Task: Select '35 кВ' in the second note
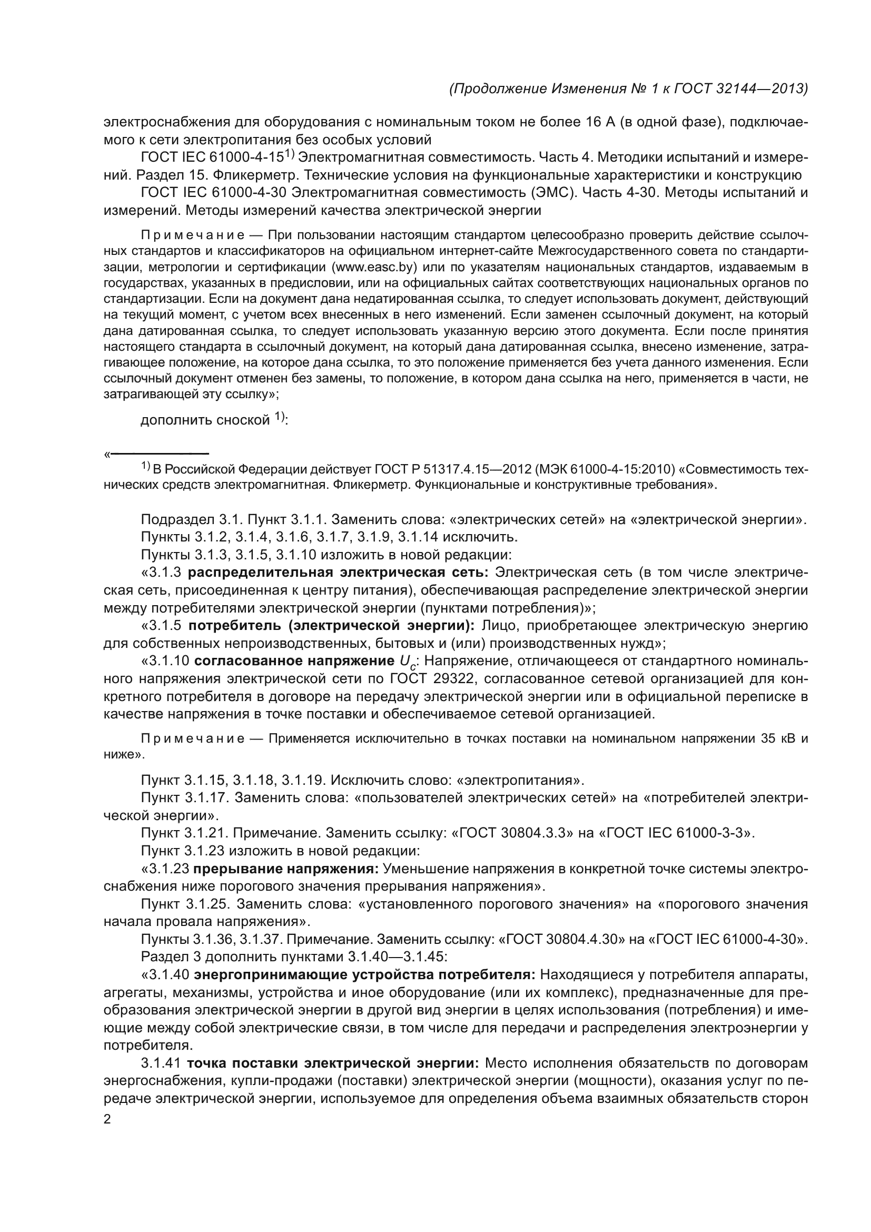(779, 739)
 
